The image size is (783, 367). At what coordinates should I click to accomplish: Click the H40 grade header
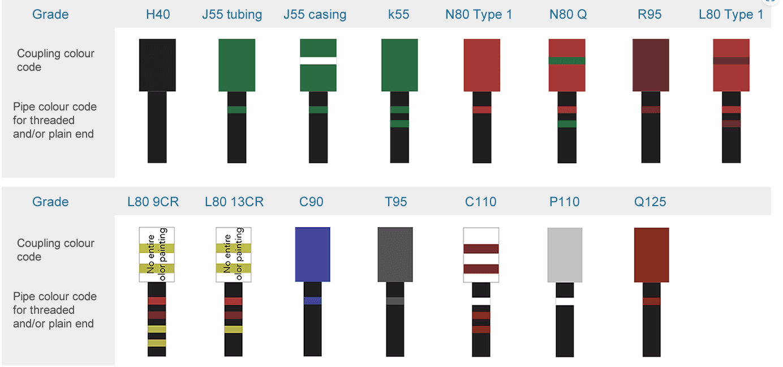(x=158, y=14)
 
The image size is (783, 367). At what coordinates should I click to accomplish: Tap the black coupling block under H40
(x=157, y=65)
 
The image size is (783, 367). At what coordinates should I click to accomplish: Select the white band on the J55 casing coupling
(x=318, y=61)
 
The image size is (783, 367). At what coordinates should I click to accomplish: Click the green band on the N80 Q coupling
(x=567, y=61)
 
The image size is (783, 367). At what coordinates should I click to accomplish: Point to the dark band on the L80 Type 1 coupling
(x=731, y=61)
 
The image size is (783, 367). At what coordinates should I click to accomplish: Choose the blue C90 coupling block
(x=312, y=254)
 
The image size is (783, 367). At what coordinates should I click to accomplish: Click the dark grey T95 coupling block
(x=395, y=254)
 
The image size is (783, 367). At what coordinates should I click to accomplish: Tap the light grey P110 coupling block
(x=565, y=255)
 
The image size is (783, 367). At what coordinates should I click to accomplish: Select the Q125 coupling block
(x=652, y=255)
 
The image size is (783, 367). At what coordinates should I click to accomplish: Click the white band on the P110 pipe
(x=565, y=301)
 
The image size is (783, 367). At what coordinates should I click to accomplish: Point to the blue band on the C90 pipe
(x=312, y=301)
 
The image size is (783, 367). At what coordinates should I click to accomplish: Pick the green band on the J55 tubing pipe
(x=236, y=109)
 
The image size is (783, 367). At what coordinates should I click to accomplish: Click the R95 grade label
(x=649, y=14)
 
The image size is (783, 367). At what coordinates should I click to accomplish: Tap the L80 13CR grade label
(x=234, y=202)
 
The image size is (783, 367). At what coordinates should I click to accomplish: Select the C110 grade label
(x=481, y=202)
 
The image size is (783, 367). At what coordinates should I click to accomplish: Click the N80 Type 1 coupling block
(x=481, y=65)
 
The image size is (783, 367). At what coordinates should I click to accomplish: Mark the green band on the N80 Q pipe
(x=567, y=124)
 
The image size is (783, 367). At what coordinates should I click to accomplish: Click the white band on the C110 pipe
(x=481, y=301)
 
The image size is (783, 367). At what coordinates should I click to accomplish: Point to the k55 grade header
(x=398, y=14)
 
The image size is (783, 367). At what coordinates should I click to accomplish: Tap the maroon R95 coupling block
(x=651, y=65)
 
